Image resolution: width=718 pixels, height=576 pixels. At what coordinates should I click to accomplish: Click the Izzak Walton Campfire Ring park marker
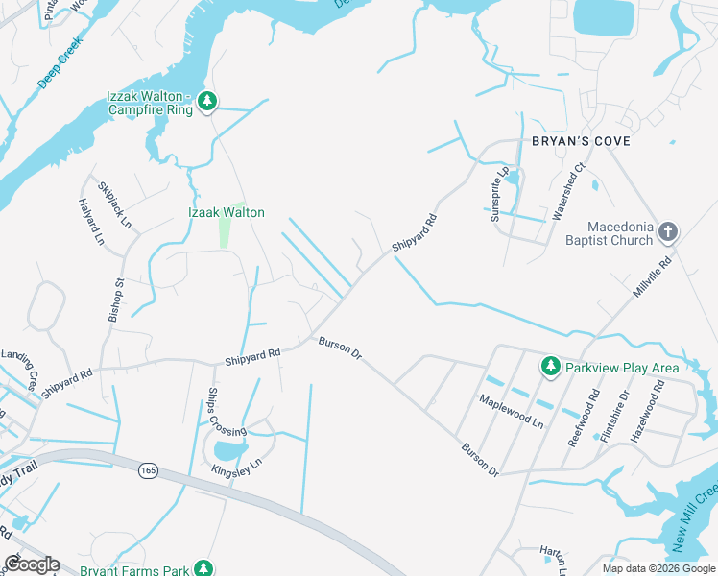click(207, 100)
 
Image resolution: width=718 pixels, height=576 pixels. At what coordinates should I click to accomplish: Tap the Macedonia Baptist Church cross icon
click(669, 230)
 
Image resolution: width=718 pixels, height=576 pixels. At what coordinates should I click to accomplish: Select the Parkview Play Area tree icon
click(551, 366)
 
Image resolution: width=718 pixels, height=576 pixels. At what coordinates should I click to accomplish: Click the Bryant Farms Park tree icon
click(203, 568)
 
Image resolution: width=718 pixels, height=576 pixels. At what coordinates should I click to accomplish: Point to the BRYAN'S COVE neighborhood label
click(581, 141)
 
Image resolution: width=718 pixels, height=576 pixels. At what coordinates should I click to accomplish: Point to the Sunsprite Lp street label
click(499, 195)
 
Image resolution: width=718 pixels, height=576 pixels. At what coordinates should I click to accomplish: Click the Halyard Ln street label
click(91, 221)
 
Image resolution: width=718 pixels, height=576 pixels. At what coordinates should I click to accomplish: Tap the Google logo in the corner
click(32, 564)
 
